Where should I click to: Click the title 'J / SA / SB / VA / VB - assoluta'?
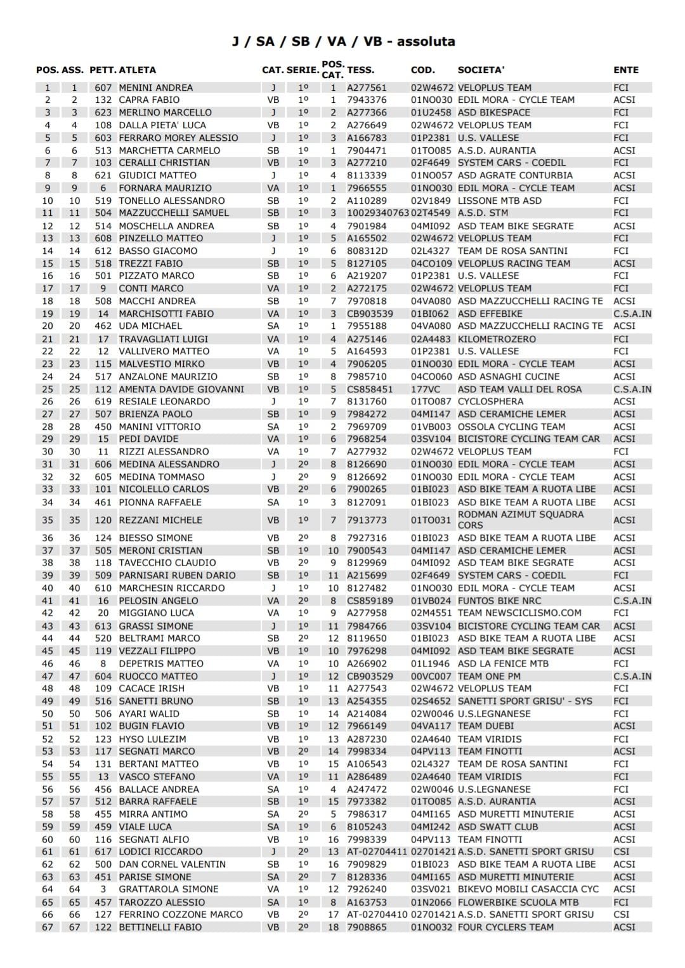[x=342, y=42]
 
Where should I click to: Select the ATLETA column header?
[x=137, y=70]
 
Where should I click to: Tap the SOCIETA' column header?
[x=481, y=70]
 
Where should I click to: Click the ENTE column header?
[x=625, y=70]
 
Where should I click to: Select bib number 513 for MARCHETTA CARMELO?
[x=103, y=150]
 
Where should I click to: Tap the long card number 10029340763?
[x=377, y=213]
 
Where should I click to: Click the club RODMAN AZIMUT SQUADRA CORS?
[x=520, y=520]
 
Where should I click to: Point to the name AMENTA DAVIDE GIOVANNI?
[x=181, y=389]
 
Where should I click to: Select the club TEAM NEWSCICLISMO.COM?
[x=519, y=613]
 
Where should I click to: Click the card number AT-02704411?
[x=376, y=852]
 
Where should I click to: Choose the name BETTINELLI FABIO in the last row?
[x=160, y=927]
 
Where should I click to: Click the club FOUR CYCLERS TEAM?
[x=505, y=927]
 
